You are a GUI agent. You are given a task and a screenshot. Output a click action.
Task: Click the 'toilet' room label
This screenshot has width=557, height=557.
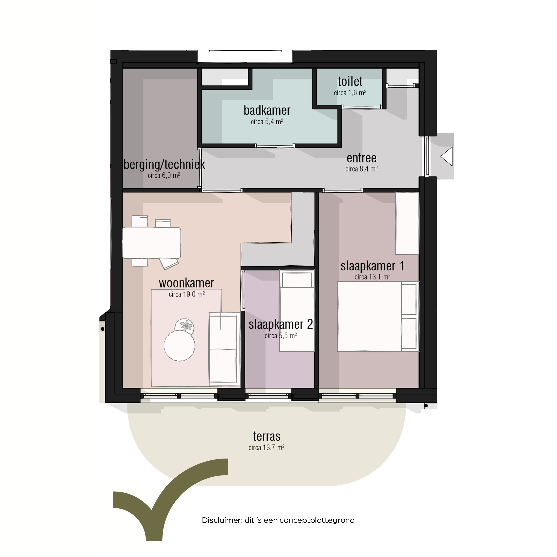coord(350,82)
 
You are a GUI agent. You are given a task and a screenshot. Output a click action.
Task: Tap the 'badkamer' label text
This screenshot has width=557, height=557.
coord(267,111)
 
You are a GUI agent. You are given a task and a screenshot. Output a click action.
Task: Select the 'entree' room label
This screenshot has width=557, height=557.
coord(362,158)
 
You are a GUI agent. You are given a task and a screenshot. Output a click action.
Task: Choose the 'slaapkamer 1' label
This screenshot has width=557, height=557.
coord(372,266)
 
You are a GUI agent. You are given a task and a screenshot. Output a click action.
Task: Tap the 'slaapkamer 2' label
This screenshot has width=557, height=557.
coord(281,325)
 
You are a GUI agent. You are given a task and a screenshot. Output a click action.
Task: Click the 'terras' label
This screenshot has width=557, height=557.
coord(267,436)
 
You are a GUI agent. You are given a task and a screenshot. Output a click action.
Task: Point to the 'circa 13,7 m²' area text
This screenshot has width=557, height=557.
coord(266,447)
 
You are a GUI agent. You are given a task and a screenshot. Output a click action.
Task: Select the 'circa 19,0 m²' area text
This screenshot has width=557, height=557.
coord(187,294)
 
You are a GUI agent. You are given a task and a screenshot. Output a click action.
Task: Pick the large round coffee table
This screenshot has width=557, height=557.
coord(179,346)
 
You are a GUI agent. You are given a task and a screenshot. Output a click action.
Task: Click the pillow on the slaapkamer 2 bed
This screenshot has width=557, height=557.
coord(297,280)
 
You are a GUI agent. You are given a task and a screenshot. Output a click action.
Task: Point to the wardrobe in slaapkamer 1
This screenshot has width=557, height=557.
coord(407,223)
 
